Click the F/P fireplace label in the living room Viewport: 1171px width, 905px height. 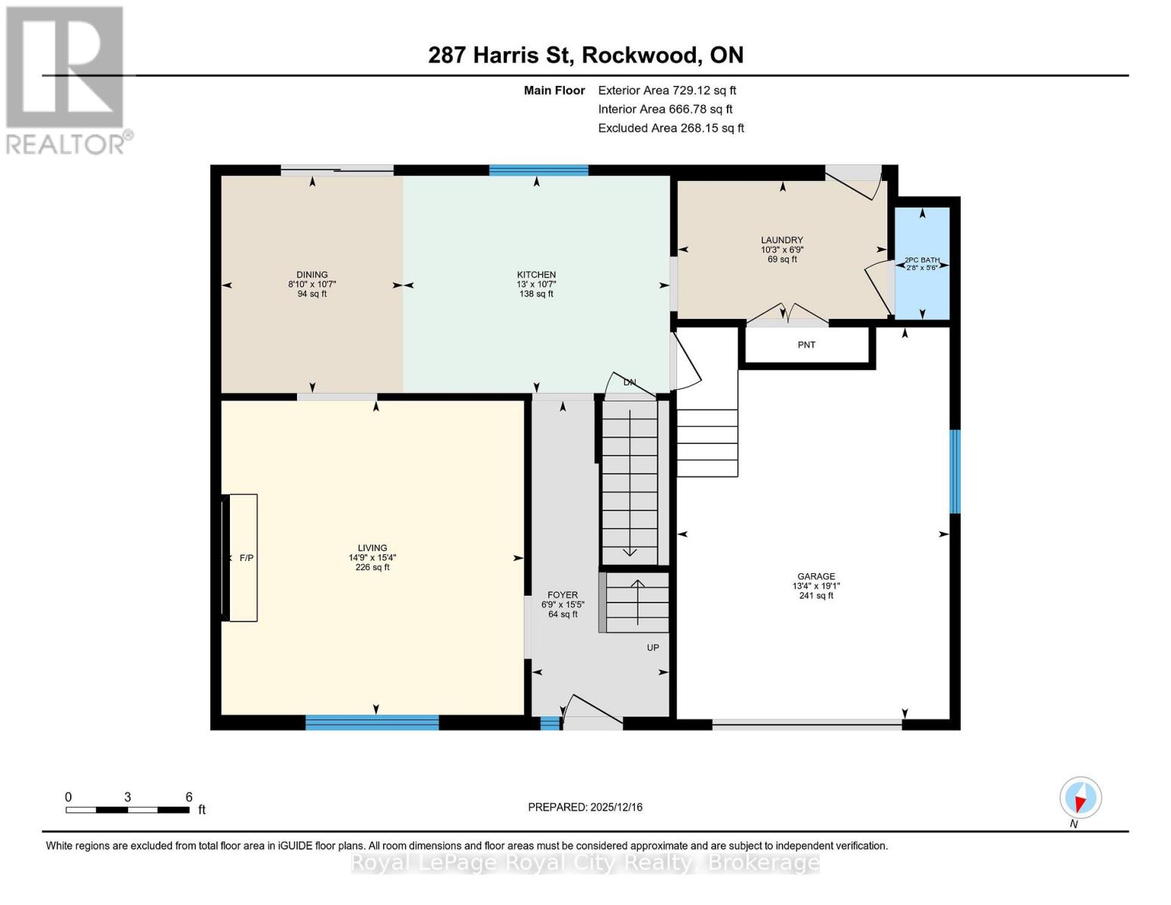tap(247, 558)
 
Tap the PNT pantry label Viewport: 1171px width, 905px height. tap(806, 345)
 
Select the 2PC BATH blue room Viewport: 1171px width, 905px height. tap(921, 264)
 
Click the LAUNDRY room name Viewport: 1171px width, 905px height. tap(782, 240)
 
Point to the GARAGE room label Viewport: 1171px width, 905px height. tap(816, 576)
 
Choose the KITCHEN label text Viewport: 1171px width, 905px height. tap(536, 275)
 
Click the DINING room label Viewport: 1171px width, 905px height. tap(312, 275)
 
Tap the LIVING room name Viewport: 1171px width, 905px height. tap(372, 548)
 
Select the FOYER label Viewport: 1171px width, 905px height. tap(563, 595)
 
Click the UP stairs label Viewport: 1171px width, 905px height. tap(653, 648)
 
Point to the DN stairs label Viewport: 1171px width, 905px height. tap(630, 382)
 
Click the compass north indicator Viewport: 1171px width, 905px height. tap(1081, 798)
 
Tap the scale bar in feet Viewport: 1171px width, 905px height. tap(127, 809)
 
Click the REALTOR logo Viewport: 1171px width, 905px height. tap(66, 79)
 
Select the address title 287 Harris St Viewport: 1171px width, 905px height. tap(585, 55)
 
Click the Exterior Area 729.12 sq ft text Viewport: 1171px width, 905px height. tap(667, 90)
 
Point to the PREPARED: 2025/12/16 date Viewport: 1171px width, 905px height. tap(585, 807)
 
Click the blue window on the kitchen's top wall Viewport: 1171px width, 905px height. tap(538, 170)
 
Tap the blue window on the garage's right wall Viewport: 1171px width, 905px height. tap(955, 471)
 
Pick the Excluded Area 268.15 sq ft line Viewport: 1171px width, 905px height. tap(670, 128)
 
